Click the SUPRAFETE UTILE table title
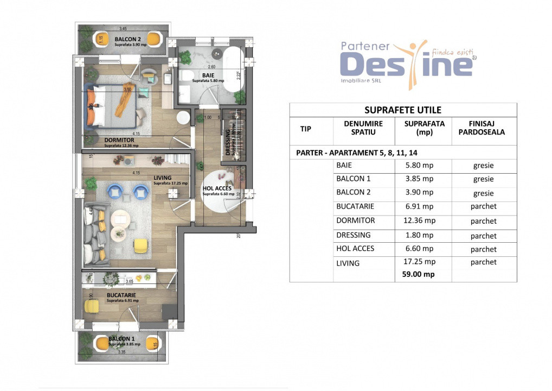(x=403, y=110)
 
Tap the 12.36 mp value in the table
(x=419, y=221)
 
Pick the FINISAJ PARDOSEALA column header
(x=484, y=128)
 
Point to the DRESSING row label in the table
(x=354, y=235)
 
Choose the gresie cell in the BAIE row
(x=484, y=166)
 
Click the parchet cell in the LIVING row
(x=484, y=262)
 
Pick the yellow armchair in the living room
(x=141, y=245)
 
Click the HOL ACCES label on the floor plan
(x=217, y=189)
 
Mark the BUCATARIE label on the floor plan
(x=121, y=295)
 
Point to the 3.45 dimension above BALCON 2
(x=123, y=28)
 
